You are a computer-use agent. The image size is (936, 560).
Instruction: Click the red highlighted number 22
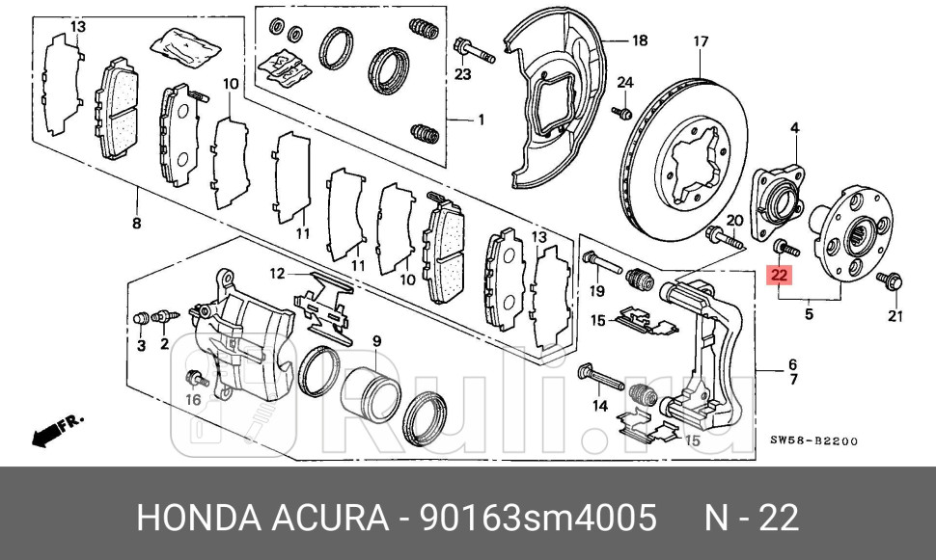tap(780, 275)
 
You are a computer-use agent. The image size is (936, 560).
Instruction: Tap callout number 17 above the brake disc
tap(701, 41)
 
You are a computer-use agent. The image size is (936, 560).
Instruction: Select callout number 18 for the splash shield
tap(639, 40)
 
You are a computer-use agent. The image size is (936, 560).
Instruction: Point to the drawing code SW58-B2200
tap(812, 441)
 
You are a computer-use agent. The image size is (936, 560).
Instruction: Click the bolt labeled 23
tap(472, 48)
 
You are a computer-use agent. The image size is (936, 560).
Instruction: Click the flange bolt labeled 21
tap(888, 281)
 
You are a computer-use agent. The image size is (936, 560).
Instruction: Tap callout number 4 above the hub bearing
tap(796, 128)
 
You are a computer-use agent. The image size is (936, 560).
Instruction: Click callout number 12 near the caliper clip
tap(276, 274)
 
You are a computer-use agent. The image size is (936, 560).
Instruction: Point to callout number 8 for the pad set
tap(136, 224)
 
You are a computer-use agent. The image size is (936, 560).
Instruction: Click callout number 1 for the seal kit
tap(480, 120)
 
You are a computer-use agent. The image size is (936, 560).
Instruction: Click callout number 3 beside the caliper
tap(140, 344)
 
